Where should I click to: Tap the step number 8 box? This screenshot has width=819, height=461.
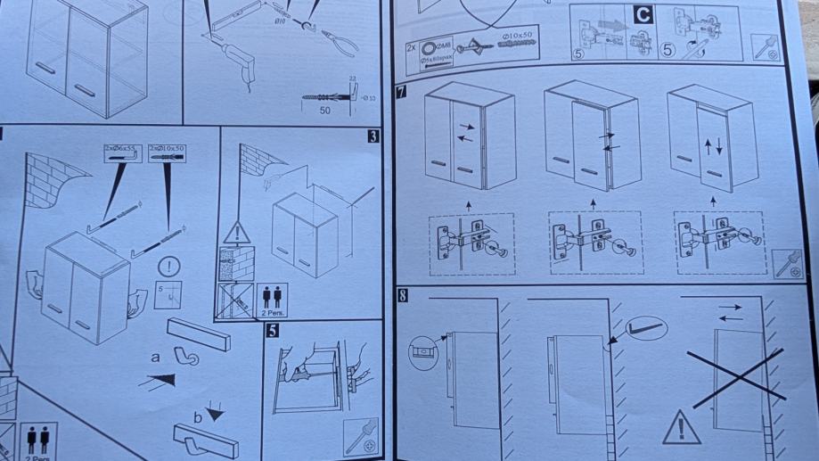click(403, 296)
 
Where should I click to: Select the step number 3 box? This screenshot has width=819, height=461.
click(372, 136)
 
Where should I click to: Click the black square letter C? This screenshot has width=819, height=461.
click(643, 14)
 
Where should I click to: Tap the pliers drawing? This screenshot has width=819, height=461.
click(336, 41)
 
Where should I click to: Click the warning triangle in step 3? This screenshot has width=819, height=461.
click(237, 234)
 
